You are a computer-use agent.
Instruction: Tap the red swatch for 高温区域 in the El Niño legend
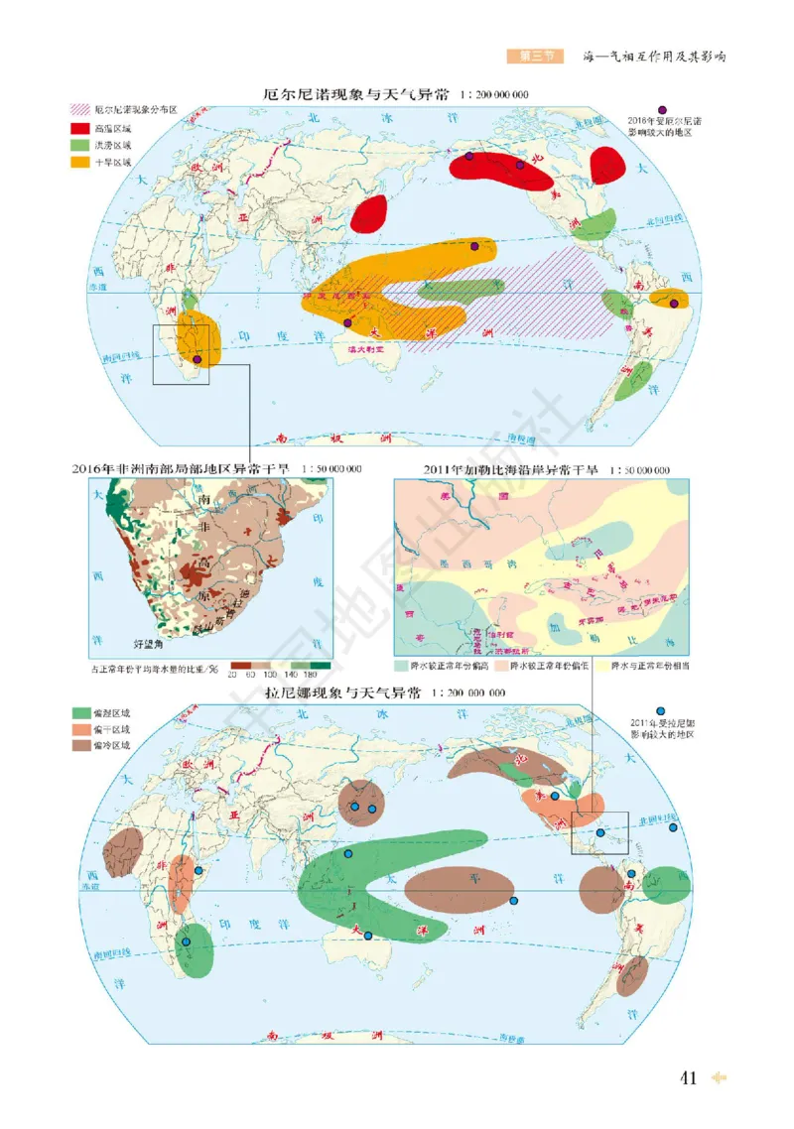[x=79, y=128]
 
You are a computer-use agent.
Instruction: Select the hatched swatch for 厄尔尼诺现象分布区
[x=79, y=111]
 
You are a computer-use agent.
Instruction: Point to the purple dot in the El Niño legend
[x=662, y=109]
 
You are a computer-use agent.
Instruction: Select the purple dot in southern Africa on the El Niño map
[x=198, y=360]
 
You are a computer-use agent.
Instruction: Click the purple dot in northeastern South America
[x=675, y=304]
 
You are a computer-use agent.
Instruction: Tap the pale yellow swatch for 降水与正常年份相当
[x=600, y=666]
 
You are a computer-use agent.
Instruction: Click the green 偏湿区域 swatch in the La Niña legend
[x=79, y=712]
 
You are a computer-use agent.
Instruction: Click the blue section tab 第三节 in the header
[x=527, y=57]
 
